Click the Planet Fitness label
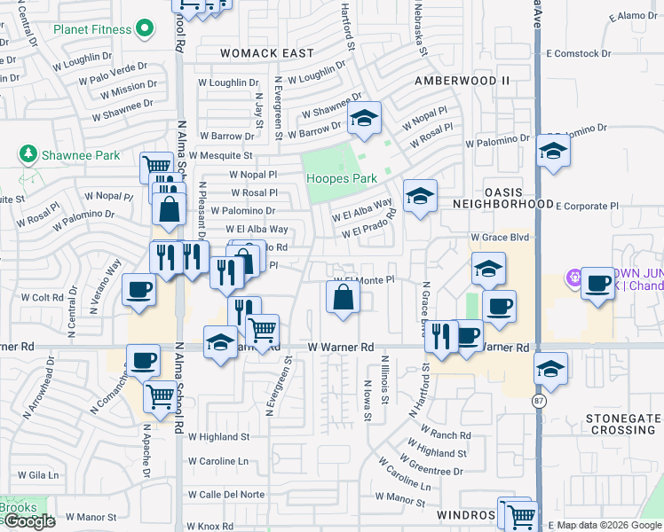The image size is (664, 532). [91, 28]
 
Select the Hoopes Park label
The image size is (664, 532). [342, 178]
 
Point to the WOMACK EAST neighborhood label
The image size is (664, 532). [267, 53]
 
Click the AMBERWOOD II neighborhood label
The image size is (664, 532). [462, 80]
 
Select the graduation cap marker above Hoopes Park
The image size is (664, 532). [363, 119]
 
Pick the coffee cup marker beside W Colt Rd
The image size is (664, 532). [138, 291]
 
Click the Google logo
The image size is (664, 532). [28, 521]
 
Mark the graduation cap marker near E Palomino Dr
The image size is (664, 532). [552, 153]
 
